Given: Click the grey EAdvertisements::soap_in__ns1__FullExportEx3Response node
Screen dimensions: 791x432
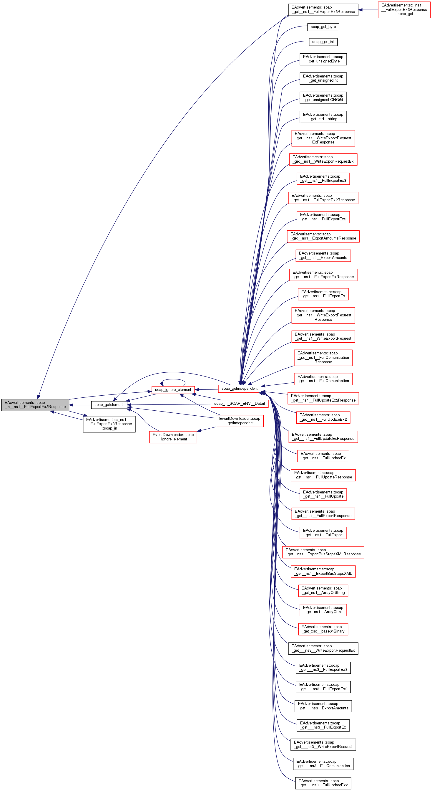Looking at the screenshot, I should coord(35,404).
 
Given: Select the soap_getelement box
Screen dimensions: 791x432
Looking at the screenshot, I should coord(109,405).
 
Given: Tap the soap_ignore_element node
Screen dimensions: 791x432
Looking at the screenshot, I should coord(173,390).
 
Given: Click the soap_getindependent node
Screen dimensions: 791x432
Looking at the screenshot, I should coord(239,389).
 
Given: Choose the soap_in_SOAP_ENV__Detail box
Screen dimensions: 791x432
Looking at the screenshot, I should coord(239,404).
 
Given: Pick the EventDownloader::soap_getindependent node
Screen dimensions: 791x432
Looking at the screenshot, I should coord(239,421).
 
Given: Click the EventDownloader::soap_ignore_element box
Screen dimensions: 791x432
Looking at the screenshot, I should coord(173,437).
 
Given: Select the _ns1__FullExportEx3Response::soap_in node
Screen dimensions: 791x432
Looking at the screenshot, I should coord(109,424).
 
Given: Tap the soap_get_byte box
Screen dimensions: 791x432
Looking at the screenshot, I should coord(323,27).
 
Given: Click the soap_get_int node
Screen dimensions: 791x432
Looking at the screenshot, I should coord(323,42).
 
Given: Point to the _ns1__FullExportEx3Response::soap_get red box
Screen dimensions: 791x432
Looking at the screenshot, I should coord(404,9).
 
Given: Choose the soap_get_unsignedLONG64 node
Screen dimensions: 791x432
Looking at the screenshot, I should coord(323,98).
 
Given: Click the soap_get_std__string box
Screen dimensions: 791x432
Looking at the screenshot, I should coord(323,117).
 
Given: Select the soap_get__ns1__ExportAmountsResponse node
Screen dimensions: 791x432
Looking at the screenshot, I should coord(323,236).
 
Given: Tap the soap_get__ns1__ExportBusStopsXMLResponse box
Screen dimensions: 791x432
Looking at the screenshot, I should coord(323,552).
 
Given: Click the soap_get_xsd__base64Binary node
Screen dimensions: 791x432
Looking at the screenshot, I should coord(323,629).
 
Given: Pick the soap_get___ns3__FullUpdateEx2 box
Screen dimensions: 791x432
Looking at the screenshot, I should coord(323,783).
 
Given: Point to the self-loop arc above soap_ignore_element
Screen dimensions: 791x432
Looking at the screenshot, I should coord(173,379).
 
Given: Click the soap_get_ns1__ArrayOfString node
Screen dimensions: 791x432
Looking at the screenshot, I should coord(323,590).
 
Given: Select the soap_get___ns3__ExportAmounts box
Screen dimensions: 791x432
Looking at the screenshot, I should coord(323,706).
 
